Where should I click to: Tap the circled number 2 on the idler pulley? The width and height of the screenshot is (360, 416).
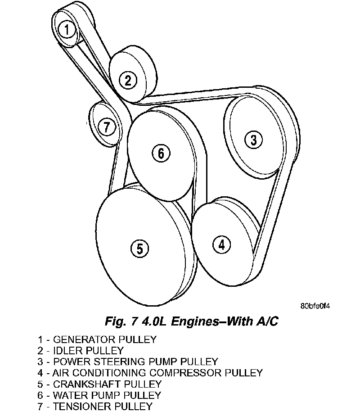click(x=128, y=81)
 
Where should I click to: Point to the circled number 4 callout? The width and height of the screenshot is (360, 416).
click(x=221, y=245)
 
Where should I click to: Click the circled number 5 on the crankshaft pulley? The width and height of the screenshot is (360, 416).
click(x=139, y=248)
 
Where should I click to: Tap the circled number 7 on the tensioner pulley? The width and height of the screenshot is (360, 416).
click(x=106, y=127)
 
